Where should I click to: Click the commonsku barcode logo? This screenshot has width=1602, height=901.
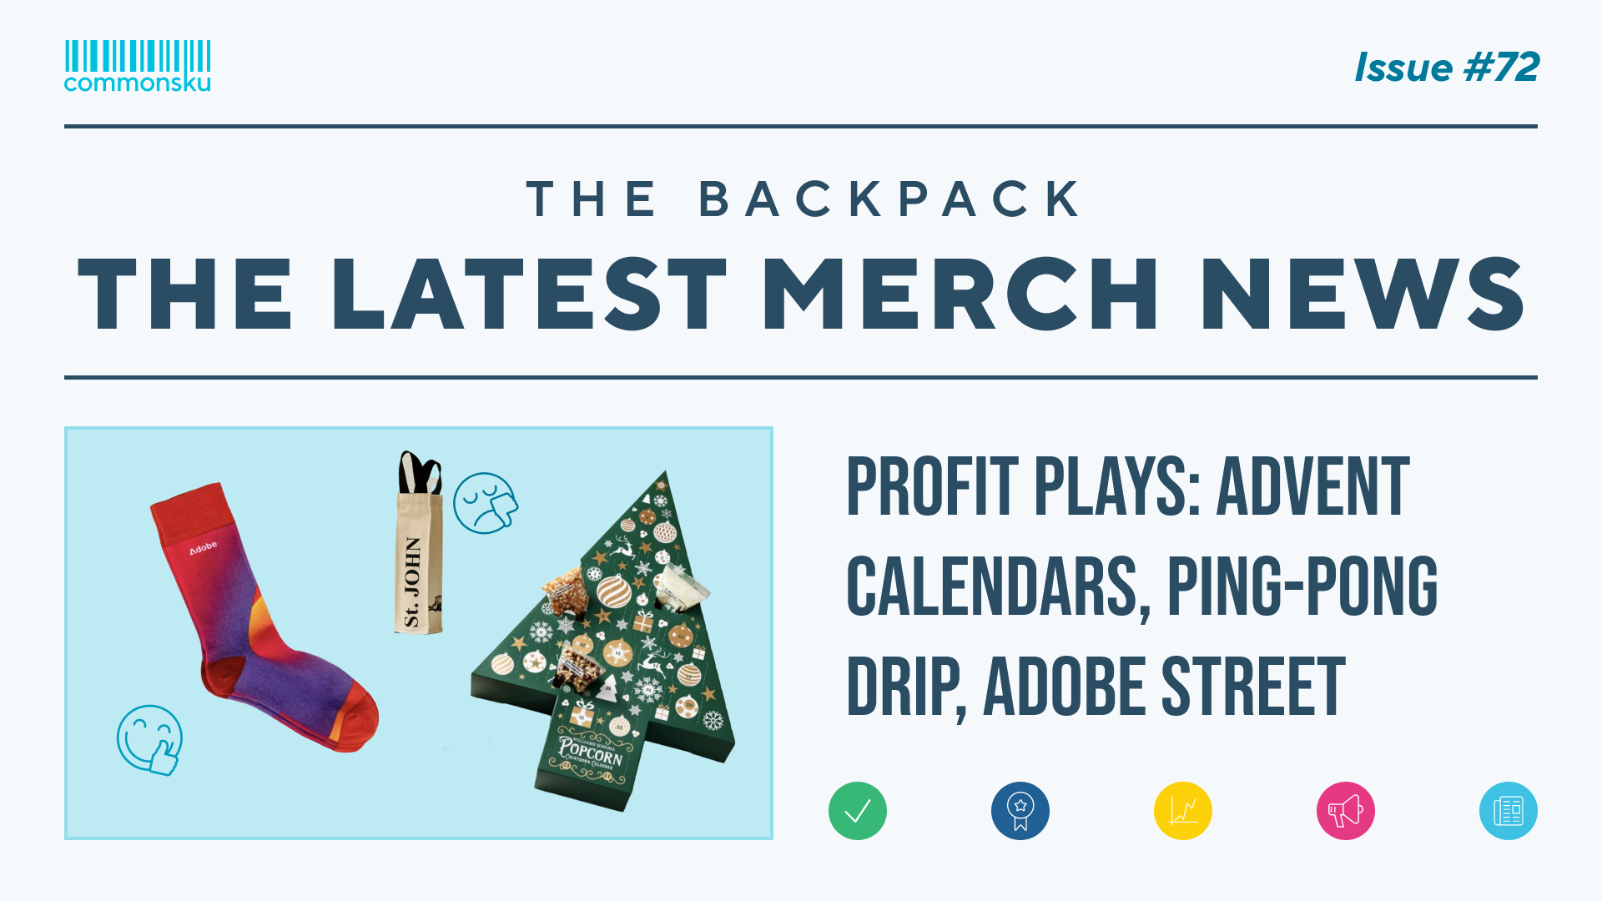click(x=138, y=65)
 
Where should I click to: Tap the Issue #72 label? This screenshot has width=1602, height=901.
click(x=1446, y=68)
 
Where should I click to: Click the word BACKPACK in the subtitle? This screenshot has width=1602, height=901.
click(x=890, y=199)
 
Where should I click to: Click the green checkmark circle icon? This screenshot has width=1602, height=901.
click(x=857, y=811)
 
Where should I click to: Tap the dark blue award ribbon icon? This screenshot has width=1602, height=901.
click(x=1020, y=811)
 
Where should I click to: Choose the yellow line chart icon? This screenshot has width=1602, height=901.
click(x=1182, y=811)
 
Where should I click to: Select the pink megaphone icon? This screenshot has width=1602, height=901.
click(x=1345, y=811)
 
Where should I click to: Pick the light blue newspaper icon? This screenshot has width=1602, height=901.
click(x=1508, y=811)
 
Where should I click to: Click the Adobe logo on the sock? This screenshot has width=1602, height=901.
click(x=203, y=547)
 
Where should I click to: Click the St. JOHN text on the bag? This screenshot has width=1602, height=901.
click(x=413, y=581)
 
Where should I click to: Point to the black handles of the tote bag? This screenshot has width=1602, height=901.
click(x=420, y=472)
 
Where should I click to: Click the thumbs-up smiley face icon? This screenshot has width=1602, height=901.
click(x=150, y=740)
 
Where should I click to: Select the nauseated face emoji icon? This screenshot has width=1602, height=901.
click(x=485, y=503)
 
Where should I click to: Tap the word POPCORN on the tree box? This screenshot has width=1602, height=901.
click(x=591, y=750)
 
